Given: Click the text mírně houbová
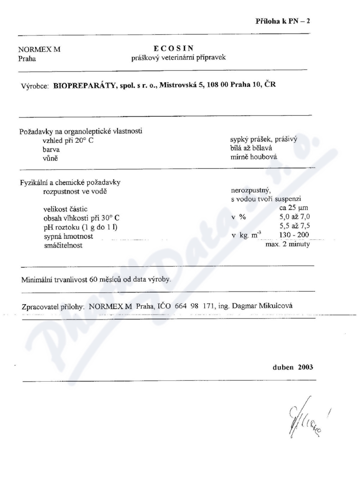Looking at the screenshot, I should [x=253, y=157].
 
